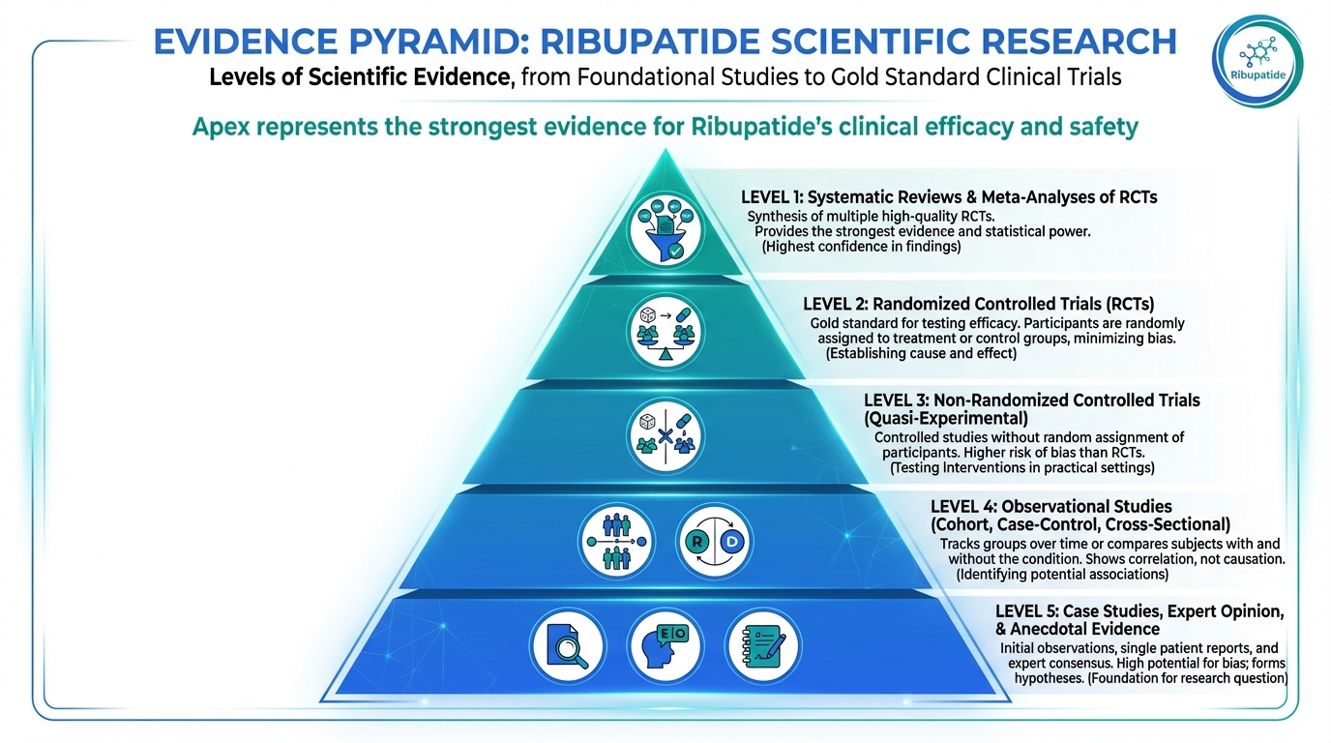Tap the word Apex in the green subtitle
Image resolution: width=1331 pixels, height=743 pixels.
click(226, 127)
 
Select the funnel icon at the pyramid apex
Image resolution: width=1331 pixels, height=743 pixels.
click(665, 229)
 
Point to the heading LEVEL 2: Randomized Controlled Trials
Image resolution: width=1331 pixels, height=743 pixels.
click(979, 303)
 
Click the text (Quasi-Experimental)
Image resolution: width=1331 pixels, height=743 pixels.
click(946, 418)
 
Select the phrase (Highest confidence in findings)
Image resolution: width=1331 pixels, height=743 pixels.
click(862, 247)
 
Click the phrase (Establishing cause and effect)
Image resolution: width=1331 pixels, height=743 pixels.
click(921, 354)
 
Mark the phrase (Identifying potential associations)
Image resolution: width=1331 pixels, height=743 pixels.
click(1062, 574)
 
